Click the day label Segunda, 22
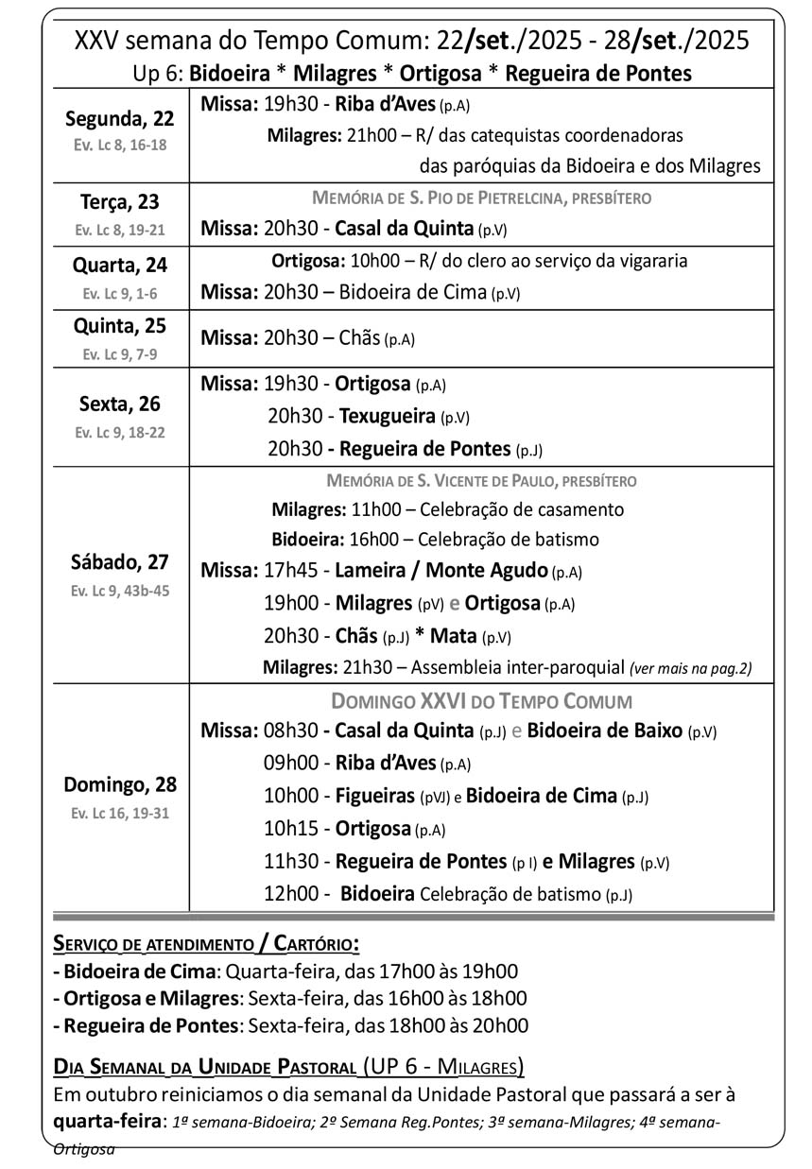point(119,119)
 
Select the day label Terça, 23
point(119,202)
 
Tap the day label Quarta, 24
point(119,265)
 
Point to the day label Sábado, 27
point(119,562)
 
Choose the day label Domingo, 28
point(120,784)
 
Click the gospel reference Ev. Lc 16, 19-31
point(120,813)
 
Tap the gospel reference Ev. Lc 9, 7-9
point(119,354)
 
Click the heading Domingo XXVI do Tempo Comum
point(481,701)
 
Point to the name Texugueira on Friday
point(388,416)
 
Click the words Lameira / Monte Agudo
point(441,570)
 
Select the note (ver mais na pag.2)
point(690,668)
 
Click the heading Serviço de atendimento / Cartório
point(206,943)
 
